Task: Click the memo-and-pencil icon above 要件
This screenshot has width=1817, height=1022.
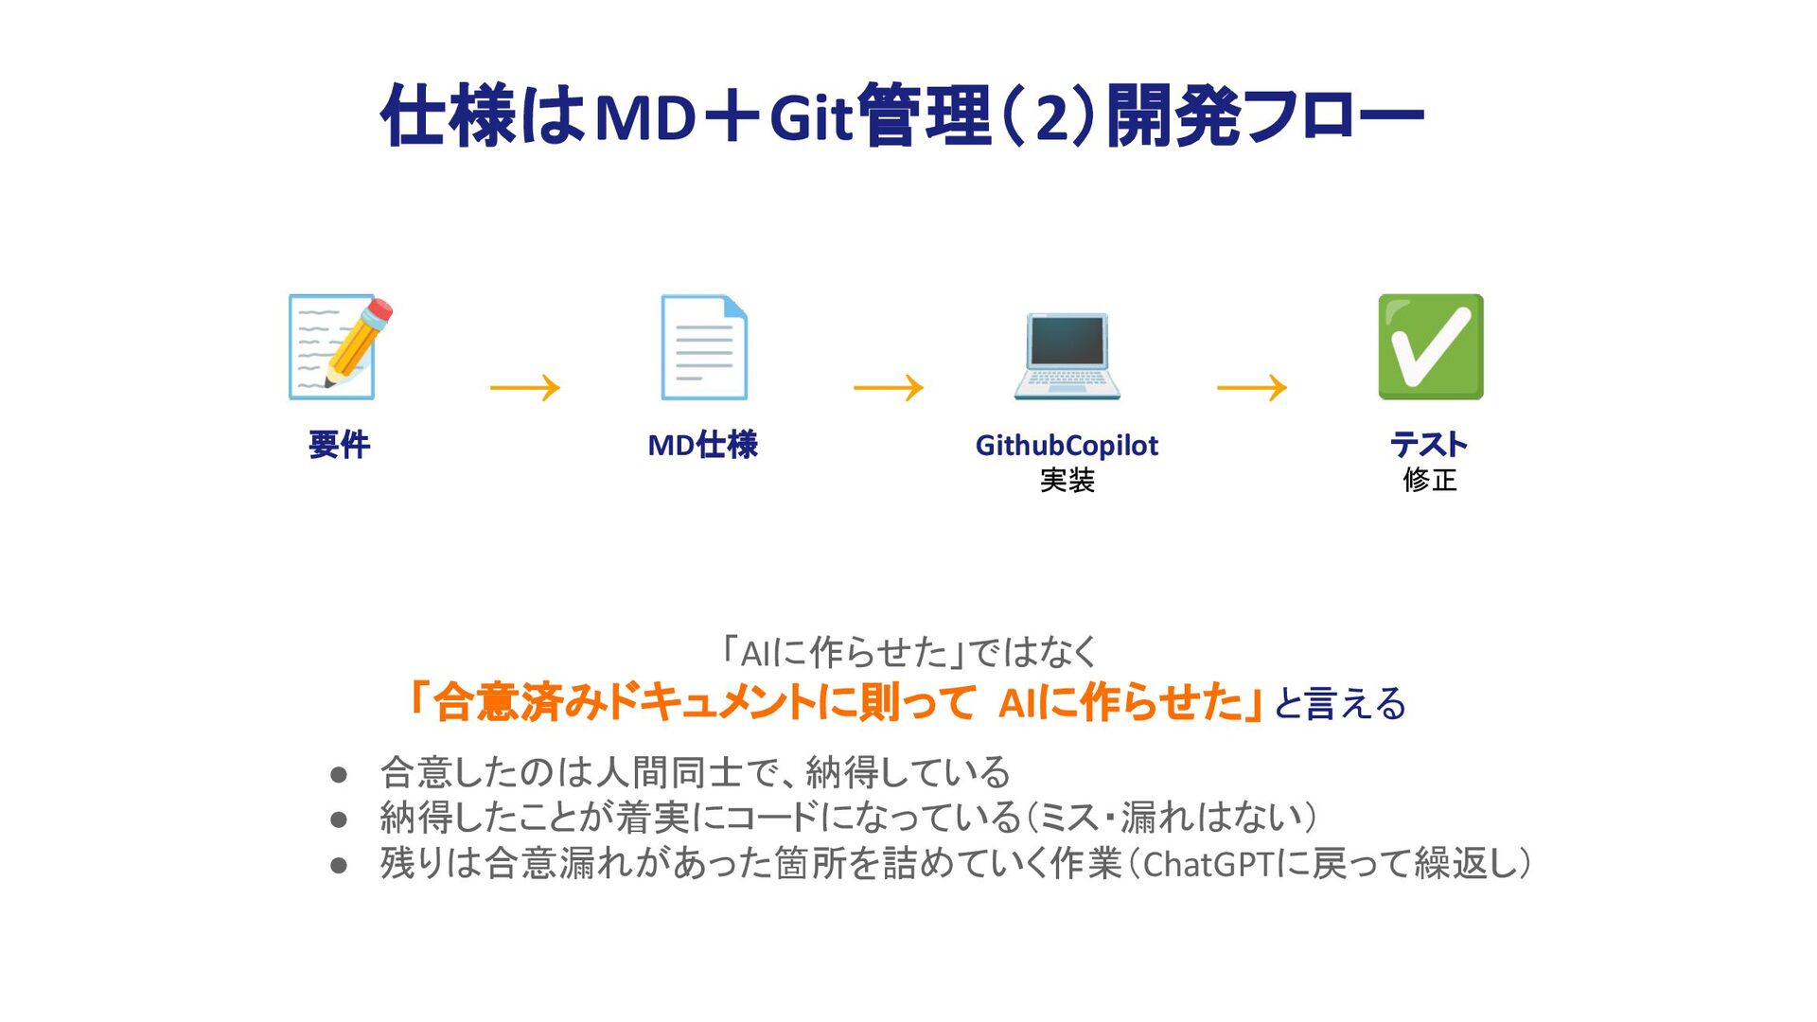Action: (x=339, y=347)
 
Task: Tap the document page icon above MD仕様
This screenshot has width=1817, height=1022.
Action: (x=703, y=347)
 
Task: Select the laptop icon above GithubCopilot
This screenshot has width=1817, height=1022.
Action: (x=1067, y=355)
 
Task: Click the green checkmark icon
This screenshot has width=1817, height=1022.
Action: (x=1430, y=346)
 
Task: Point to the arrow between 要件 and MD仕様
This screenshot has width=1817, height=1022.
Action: (x=525, y=387)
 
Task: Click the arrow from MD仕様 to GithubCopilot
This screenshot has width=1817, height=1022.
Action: (x=889, y=387)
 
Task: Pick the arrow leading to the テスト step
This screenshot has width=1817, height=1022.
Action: (x=1252, y=387)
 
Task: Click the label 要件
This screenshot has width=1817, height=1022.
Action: (x=339, y=445)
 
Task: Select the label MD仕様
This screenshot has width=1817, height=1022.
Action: (x=702, y=445)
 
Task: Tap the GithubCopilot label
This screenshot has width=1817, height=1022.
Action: (x=1067, y=445)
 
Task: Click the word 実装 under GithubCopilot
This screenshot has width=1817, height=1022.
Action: (x=1067, y=481)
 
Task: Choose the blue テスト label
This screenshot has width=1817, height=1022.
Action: (x=1429, y=444)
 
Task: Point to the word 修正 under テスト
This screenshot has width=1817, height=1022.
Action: (x=1429, y=480)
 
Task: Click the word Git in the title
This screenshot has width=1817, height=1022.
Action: (x=812, y=117)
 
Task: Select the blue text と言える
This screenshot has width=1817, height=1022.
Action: (x=1340, y=704)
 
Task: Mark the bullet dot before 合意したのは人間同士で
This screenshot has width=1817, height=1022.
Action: (x=339, y=775)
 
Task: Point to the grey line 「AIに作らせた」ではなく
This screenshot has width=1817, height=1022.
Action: (x=908, y=652)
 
